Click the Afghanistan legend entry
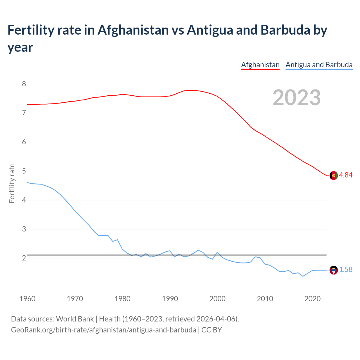click(x=260, y=65)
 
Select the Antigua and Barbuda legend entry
click(x=319, y=65)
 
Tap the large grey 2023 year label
click(x=297, y=97)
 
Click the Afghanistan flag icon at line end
click(x=334, y=175)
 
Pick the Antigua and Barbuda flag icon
click(x=334, y=270)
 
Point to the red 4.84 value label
click(x=346, y=175)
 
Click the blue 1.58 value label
click(x=346, y=269)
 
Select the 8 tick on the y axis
click(x=24, y=84)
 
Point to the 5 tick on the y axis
click(x=24, y=171)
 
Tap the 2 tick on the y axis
click(x=24, y=258)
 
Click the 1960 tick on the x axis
click(x=27, y=299)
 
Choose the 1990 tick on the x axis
click(x=170, y=299)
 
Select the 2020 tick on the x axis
click(x=312, y=299)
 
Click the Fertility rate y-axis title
click(x=12, y=183)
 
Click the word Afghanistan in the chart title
click(x=133, y=30)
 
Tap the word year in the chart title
click(x=20, y=47)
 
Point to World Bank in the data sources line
click(x=75, y=319)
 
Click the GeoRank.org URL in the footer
click(x=103, y=330)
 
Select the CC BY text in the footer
click(x=211, y=330)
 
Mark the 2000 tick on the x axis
click(x=217, y=299)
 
